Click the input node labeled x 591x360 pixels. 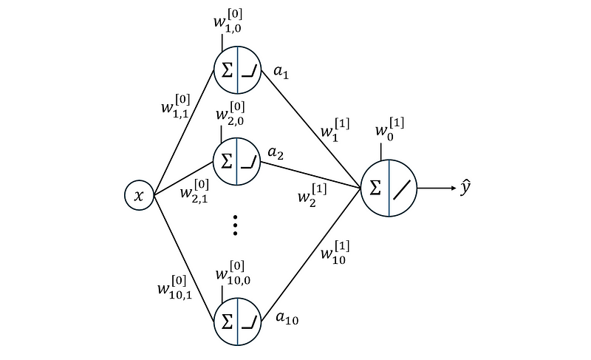coord(140,195)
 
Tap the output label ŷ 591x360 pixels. coord(465,188)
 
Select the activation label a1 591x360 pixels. coord(281,71)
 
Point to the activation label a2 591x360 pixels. coord(276,153)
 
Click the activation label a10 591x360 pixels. coord(287,318)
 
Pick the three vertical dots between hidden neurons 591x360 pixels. coord(235,225)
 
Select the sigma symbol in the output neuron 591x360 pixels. coord(375,188)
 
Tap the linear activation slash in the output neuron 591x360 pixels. coord(402,190)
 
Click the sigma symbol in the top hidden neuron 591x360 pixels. coord(227,69)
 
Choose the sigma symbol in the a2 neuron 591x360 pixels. coord(227,161)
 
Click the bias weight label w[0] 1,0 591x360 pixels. coord(228,21)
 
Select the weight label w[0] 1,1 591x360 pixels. coord(176,106)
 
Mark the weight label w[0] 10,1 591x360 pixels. coord(175,288)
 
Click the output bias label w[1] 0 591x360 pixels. coord(390,129)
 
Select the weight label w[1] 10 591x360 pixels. coord(335,252)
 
